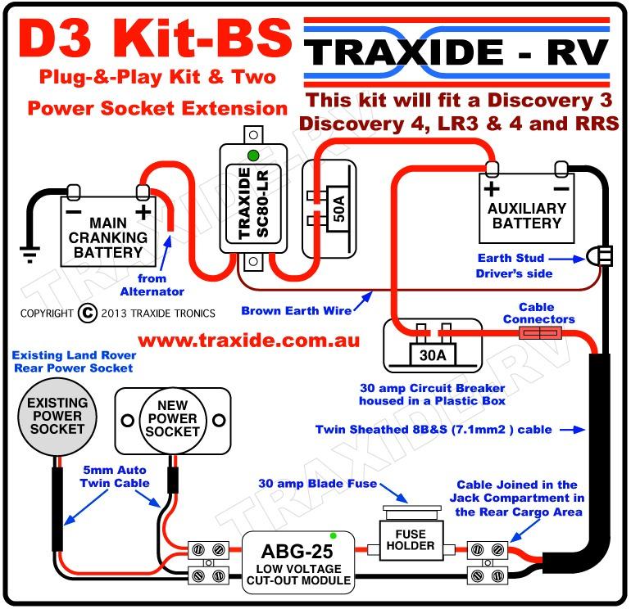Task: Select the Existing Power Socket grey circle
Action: pyautogui.click(x=56, y=417)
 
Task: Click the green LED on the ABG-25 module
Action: pyautogui.click(x=333, y=535)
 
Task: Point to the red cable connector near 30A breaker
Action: pyautogui.click(x=541, y=332)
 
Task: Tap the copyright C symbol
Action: pyautogui.click(x=89, y=313)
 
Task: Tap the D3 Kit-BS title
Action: pyautogui.click(x=154, y=39)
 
